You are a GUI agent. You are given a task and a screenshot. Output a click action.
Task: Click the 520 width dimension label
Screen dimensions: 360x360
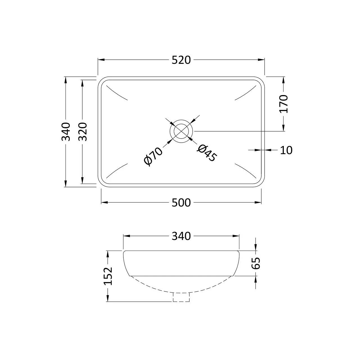181,60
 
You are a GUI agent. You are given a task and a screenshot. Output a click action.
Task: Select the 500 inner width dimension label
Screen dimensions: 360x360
181,202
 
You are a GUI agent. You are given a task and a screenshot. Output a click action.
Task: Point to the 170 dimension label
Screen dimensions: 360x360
284,104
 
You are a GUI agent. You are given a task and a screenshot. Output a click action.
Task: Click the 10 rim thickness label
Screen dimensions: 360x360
286,150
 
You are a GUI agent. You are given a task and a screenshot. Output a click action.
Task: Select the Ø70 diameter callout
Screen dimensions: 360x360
153,156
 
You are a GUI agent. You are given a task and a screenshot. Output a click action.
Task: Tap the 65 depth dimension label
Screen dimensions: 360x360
256,263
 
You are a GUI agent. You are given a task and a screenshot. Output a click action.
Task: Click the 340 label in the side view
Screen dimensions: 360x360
181,236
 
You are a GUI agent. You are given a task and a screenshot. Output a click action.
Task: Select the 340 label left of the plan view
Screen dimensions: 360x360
66,132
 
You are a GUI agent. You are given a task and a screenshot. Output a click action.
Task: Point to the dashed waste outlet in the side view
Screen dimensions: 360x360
181,297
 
